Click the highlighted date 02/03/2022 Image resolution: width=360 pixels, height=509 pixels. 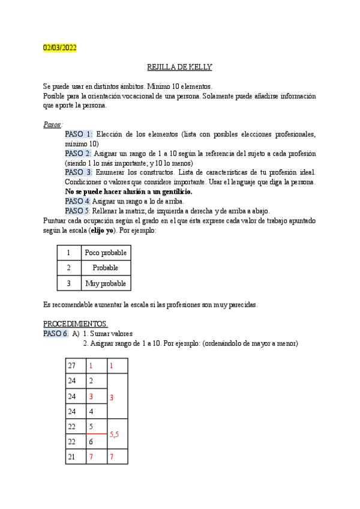coord(59,47)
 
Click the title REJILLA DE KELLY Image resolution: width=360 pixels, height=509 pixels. coord(179,67)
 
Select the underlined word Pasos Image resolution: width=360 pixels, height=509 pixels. coord(52,124)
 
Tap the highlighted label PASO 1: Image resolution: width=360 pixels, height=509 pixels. coord(78,134)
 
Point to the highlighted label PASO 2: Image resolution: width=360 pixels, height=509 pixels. coord(78,153)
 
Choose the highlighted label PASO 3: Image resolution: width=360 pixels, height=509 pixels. coord(78,172)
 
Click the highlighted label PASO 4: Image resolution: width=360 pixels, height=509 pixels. coord(77,201)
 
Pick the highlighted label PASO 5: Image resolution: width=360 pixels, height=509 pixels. coord(77,211)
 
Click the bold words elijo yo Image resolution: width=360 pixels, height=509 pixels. coord(103,230)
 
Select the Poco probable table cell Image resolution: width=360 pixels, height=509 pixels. coord(106,253)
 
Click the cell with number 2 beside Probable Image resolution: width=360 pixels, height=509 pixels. coord(69,268)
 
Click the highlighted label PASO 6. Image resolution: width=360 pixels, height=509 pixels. coord(56,333)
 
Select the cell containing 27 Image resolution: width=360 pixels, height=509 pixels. coord(72,366)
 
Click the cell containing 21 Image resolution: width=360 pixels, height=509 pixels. coord(72,457)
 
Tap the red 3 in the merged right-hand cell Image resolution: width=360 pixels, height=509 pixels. coord(111,397)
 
